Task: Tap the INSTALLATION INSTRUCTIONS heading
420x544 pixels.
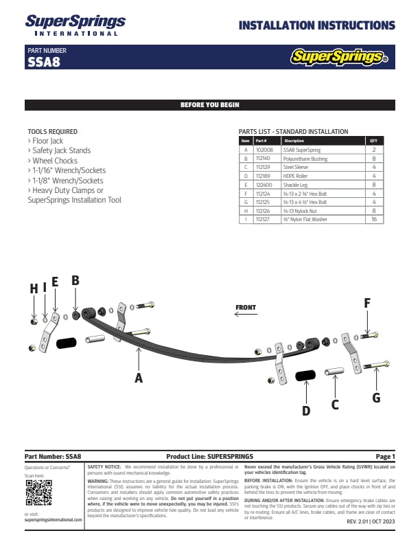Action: point(316,26)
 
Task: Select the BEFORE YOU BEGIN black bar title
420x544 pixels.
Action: point(209,105)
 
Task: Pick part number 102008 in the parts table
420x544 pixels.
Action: point(264,149)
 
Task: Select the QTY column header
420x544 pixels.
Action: point(373,141)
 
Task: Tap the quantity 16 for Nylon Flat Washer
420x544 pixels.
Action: point(373,220)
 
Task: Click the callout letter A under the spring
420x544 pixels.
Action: point(139,377)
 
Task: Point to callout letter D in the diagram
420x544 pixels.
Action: point(306,411)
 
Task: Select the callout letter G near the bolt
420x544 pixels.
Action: point(376,397)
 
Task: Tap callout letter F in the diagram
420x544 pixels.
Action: point(367,303)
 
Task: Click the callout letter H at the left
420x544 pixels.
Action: point(33,289)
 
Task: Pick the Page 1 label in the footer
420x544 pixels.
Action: point(385,457)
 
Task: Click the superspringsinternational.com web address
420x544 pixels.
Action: point(53,520)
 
